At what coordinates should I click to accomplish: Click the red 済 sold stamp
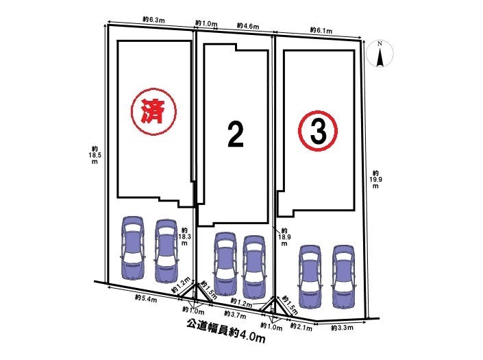153,112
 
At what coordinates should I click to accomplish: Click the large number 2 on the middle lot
236,134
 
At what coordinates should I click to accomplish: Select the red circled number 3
318,131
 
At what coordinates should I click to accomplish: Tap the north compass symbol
381,54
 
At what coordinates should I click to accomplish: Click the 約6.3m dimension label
153,19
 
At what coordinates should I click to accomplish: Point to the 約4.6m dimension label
248,26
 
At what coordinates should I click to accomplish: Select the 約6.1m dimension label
321,30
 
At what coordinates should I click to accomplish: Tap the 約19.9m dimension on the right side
375,180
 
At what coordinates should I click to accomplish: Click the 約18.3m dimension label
184,237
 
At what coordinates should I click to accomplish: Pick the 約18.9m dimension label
284,237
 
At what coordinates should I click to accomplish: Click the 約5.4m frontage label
146,298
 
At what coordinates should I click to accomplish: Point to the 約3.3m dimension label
343,328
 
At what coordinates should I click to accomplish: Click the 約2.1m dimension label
301,326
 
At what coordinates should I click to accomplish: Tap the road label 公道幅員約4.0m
226,331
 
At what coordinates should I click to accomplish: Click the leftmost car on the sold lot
133,248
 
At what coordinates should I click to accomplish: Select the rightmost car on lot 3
343,276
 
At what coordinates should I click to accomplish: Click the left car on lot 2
225,263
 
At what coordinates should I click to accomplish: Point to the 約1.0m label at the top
206,23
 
